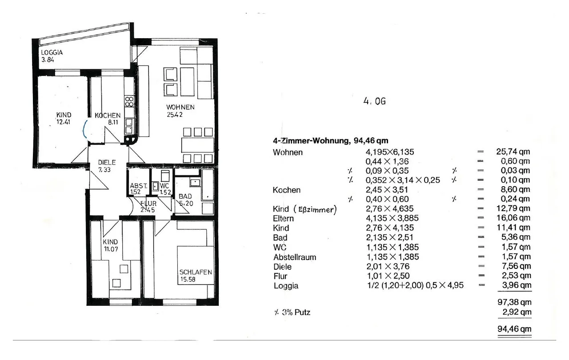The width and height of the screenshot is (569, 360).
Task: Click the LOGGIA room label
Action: click(52, 52)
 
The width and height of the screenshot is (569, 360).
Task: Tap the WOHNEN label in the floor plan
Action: click(180, 107)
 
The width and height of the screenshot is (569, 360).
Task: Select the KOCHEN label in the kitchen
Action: click(108, 116)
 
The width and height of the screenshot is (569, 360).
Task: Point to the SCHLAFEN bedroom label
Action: click(196, 272)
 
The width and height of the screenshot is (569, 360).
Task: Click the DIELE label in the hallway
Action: click(107, 163)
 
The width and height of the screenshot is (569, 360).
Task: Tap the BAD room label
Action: click(185, 196)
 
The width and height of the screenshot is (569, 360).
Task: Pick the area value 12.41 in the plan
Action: click(63, 122)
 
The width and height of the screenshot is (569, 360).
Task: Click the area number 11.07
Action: click(111, 249)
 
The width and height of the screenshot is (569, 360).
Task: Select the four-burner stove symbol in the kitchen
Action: click(129, 101)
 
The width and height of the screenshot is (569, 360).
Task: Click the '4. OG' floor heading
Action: click(374, 101)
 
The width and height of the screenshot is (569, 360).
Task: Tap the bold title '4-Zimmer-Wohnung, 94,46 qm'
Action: click(330, 140)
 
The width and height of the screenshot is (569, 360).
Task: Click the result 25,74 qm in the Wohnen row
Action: click(513, 152)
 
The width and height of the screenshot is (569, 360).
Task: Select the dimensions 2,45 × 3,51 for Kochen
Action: click(387, 190)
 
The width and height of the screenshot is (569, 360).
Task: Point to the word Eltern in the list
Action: click(283, 218)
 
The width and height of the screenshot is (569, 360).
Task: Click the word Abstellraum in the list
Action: click(295, 257)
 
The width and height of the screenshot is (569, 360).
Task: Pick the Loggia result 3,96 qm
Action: click(517, 285)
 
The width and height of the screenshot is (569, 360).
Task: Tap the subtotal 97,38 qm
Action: click(514, 302)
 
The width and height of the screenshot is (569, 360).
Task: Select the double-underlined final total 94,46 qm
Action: click(514, 329)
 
